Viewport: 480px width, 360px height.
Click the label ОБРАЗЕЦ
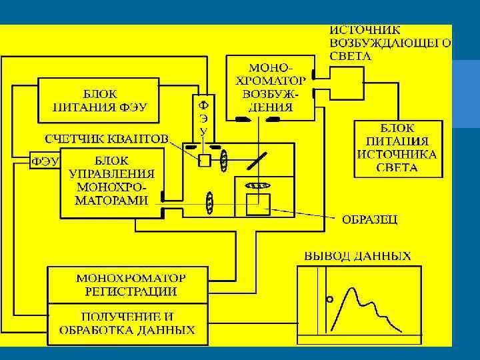[369, 219]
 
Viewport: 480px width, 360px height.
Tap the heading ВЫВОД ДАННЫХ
[357, 256]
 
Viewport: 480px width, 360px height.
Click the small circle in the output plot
[329, 299]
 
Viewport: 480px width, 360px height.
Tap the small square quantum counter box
[205, 160]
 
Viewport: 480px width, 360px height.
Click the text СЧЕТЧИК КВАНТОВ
[106, 139]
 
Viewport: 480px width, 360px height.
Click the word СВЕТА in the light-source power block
[397, 168]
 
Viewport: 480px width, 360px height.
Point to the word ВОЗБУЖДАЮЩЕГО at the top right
[390, 43]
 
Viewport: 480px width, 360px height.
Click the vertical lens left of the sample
[210, 203]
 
